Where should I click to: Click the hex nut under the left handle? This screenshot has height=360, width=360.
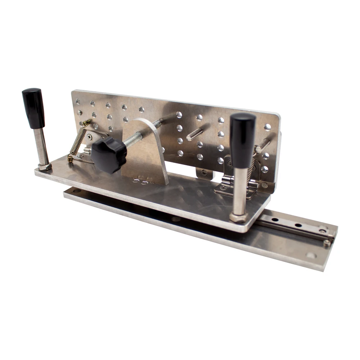(x=45, y=167)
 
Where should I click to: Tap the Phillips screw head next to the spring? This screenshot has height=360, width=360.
(x=89, y=137)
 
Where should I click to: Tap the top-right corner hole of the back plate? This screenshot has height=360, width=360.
(x=267, y=127)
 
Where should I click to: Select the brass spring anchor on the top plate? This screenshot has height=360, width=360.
(x=71, y=158)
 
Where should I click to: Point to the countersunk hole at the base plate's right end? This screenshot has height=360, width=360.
(x=310, y=256)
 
